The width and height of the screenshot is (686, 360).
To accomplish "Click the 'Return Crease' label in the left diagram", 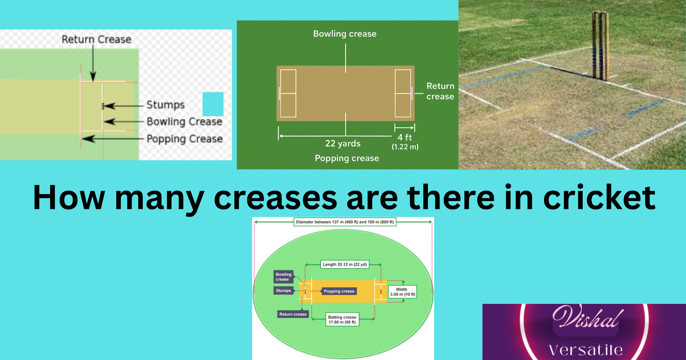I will click(96, 39).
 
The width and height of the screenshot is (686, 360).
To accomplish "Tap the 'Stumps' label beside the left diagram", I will click(165, 105).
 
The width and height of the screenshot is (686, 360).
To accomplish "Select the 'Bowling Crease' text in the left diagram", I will click(184, 122).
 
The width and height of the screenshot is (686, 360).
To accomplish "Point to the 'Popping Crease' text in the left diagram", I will click(184, 139).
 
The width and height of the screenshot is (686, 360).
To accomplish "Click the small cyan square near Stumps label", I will click(213, 104).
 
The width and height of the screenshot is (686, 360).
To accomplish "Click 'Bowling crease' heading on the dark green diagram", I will click(345, 34).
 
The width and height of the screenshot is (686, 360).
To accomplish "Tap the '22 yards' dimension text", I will click(343, 144).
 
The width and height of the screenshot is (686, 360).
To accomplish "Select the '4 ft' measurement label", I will click(404, 137).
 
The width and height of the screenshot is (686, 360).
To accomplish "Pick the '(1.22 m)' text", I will click(405, 147).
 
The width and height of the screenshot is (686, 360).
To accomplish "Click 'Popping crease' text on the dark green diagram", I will click(347, 158).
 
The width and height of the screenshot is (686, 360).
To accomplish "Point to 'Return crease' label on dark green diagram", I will click(440, 91).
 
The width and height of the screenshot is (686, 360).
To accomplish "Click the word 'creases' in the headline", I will click(275, 198).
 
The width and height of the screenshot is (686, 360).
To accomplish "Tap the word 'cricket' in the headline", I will click(599, 198).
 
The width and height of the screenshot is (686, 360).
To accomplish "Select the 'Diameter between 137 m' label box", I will click(345, 222).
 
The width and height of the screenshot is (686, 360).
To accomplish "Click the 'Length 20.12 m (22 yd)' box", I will click(345, 264).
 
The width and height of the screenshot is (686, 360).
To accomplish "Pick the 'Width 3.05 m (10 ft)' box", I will click(402, 292).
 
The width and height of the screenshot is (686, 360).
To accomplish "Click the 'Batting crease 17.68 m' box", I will click(342, 320).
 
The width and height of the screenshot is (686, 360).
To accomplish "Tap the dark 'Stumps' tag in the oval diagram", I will click(283, 291).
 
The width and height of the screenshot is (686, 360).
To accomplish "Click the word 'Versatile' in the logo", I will click(586, 350).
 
